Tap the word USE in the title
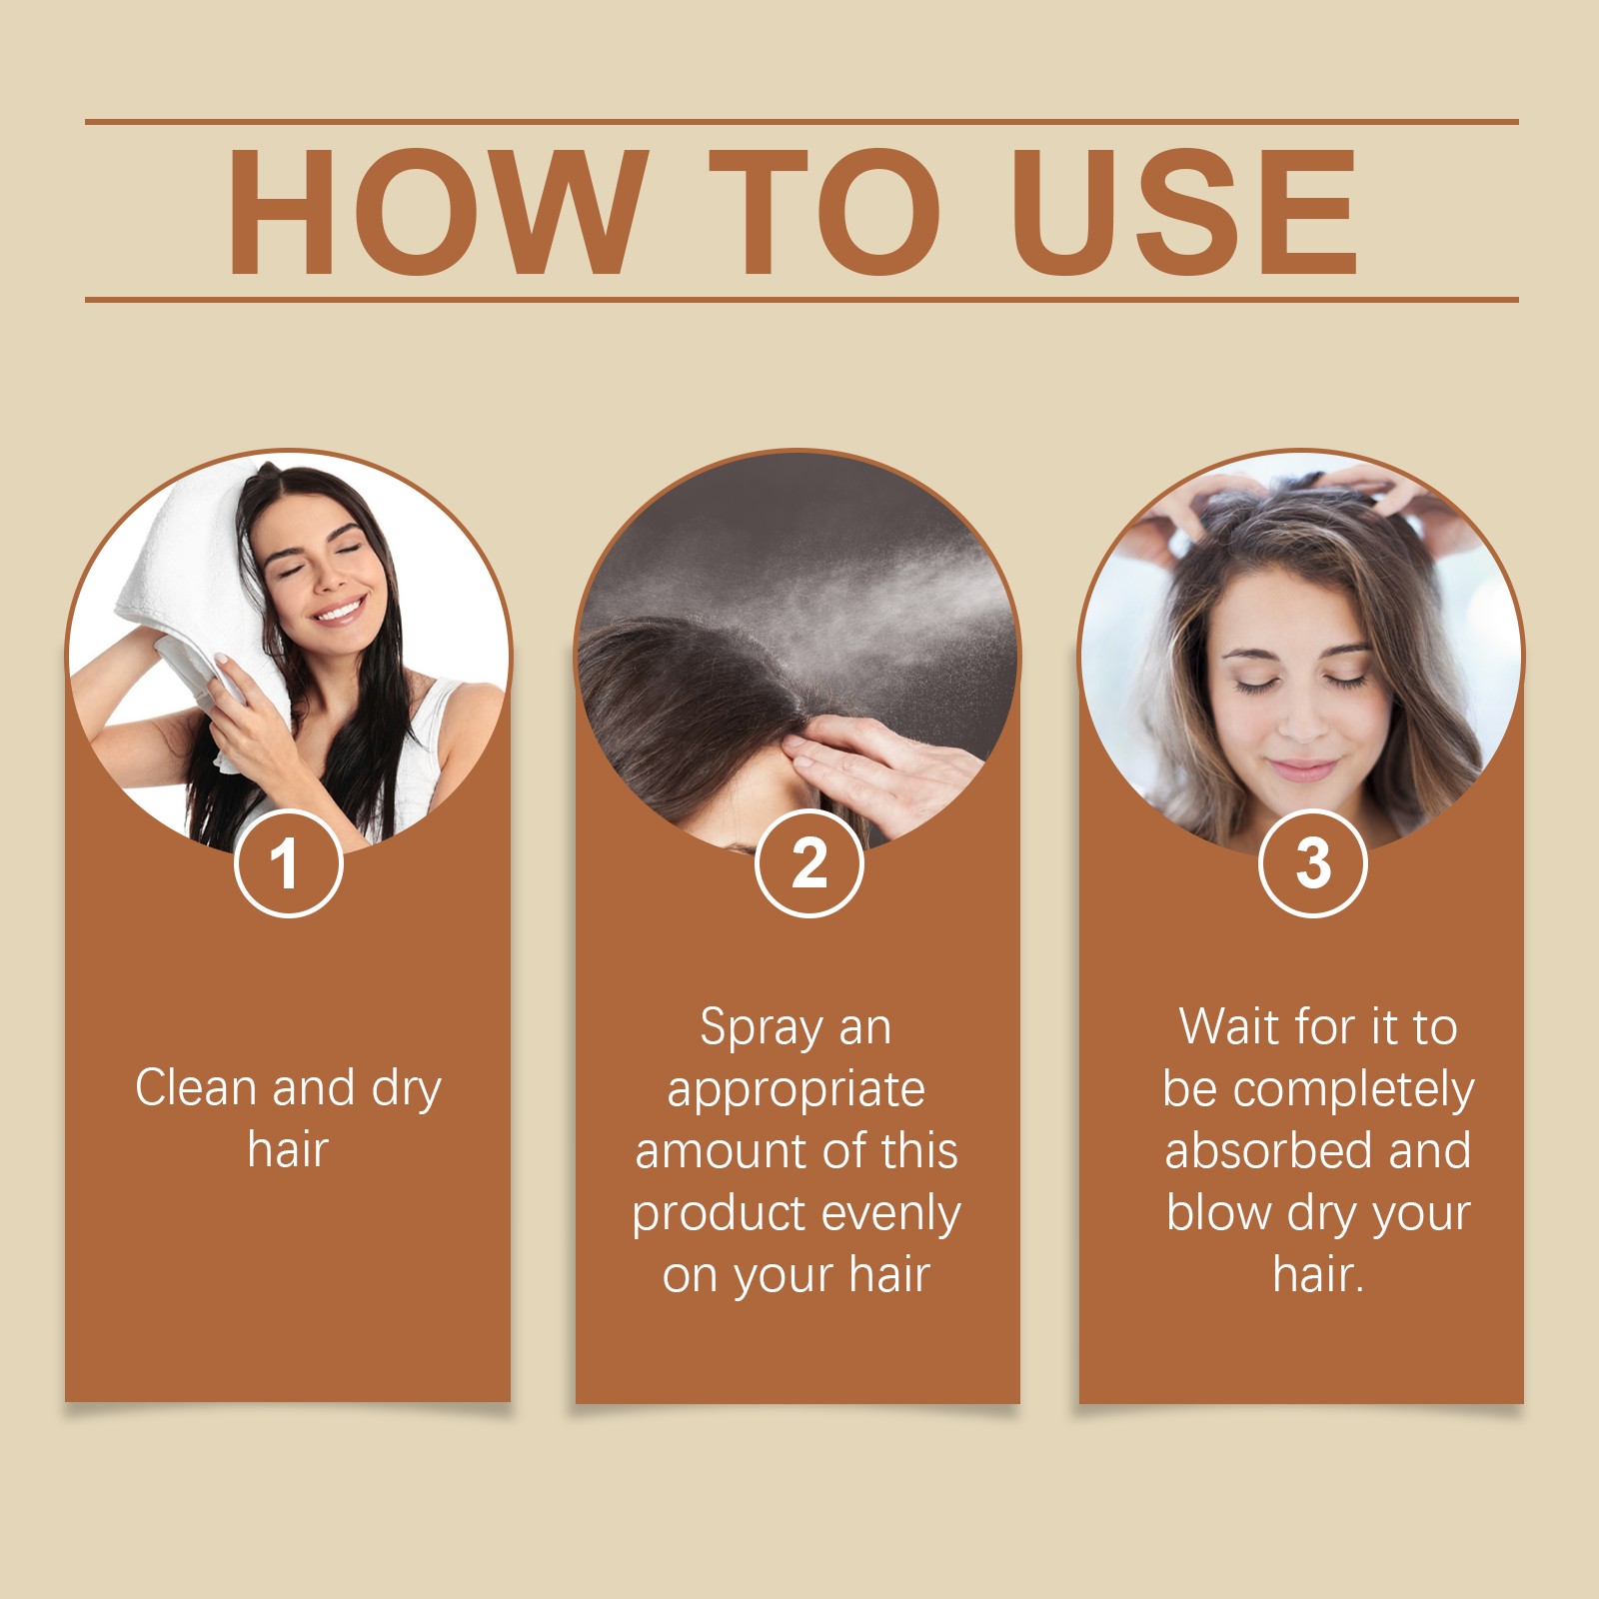pyautogui.click(x=1185, y=212)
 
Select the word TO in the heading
pyautogui.click(x=824, y=212)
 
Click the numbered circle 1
pyautogui.click(x=288, y=863)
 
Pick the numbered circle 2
pyautogui.click(x=808, y=863)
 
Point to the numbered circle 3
pyautogui.click(x=1312, y=863)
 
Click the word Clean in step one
pyautogui.click(x=195, y=1087)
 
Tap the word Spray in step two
pyautogui.click(x=761, y=1029)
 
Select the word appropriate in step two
pyautogui.click(x=796, y=1091)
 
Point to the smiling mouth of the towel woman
pyautogui.click(x=338, y=607)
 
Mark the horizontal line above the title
pyautogui.click(x=801, y=122)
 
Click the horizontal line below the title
pyautogui.click(x=801, y=299)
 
